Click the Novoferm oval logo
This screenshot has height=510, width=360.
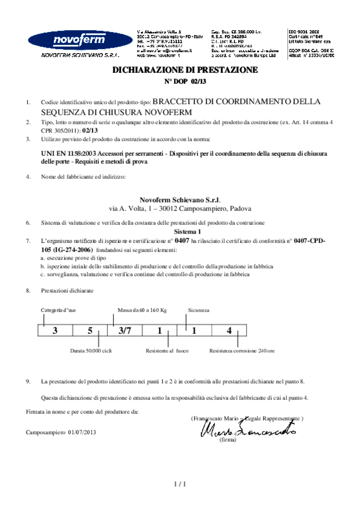pyautogui.click(x=73, y=41)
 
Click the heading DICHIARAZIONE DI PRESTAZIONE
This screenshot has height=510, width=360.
pyautogui.click(x=185, y=70)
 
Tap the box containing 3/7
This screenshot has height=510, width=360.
pyautogui.click(x=124, y=331)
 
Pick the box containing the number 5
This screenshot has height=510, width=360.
pyautogui.click(x=90, y=331)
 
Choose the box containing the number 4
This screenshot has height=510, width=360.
pyautogui.click(x=229, y=331)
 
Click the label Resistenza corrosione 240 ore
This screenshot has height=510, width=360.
pyautogui.click(x=242, y=350)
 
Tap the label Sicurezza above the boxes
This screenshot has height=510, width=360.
pyautogui.click(x=198, y=310)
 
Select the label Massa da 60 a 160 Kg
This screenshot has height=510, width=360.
pyautogui.click(x=142, y=310)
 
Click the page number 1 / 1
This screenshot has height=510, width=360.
pyautogui.click(x=180, y=484)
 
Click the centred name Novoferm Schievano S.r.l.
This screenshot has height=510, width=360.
pyautogui.click(x=180, y=200)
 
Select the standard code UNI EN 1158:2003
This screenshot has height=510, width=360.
pyautogui.click(x=68, y=153)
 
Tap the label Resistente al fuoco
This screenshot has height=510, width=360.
pyautogui.click(x=167, y=350)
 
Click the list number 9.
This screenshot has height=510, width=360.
pyautogui.click(x=28, y=382)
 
